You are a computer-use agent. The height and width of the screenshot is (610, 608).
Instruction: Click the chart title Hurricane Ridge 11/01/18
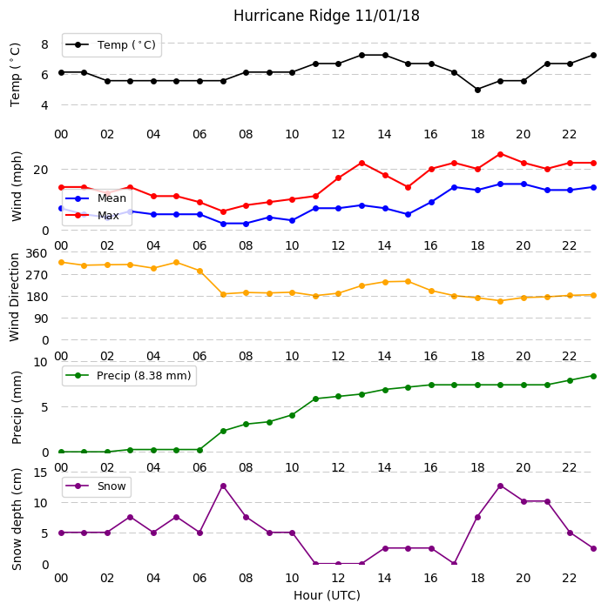click(327, 16)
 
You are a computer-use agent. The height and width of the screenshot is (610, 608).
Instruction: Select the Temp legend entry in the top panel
click(111, 45)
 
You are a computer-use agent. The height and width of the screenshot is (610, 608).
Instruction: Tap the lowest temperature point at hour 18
click(477, 90)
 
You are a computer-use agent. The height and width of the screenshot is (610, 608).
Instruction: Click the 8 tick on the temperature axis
click(44, 44)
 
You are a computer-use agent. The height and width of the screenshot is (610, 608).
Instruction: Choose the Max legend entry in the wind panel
click(92, 216)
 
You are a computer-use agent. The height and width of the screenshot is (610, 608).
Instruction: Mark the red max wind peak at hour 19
click(501, 154)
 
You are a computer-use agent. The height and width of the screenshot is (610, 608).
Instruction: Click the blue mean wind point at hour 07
click(223, 224)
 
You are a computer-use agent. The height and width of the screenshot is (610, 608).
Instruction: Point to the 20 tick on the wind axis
click(41, 170)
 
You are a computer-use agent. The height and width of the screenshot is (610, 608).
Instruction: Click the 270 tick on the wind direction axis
click(37, 275)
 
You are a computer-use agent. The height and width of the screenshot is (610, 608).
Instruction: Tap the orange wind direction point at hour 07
click(223, 294)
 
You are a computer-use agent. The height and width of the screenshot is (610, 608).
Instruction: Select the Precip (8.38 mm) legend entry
click(129, 376)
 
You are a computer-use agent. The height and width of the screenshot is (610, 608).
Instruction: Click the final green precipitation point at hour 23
click(593, 376)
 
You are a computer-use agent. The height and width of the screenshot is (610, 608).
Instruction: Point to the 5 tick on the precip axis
click(44, 407)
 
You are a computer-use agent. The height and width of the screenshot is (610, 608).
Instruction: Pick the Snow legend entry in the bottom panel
click(96, 486)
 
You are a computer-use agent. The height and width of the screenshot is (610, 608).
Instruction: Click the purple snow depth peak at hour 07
click(223, 486)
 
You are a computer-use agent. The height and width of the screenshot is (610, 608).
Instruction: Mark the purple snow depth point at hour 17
click(454, 563)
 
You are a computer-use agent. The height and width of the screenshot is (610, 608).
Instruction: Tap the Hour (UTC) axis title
click(327, 595)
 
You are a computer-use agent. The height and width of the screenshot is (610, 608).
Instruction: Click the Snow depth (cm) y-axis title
click(17, 520)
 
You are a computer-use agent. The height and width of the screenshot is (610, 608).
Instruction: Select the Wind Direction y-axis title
click(15, 298)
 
